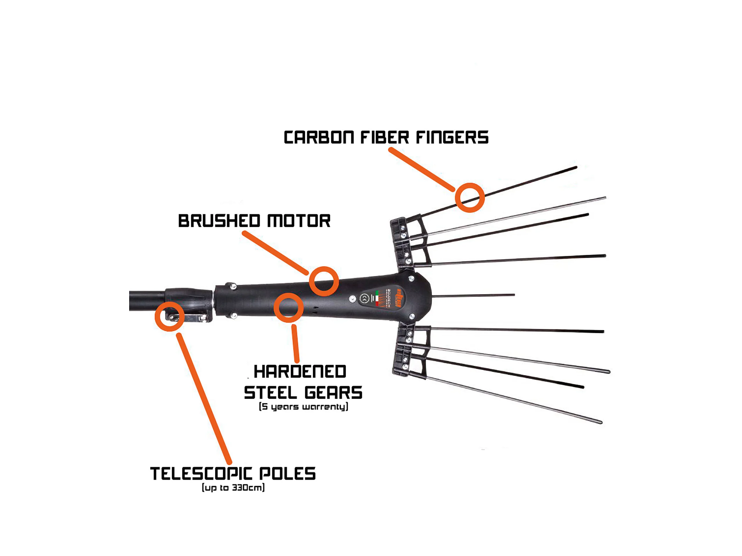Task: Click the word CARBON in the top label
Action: click(x=319, y=138)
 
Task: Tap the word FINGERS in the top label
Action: click(x=452, y=138)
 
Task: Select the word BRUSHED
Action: click(x=219, y=221)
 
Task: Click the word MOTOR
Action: click(x=299, y=221)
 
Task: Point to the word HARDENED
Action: click(x=299, y=372)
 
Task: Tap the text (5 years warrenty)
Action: click(x=303, y=407)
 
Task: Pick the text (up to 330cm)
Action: click(x=233, y=488)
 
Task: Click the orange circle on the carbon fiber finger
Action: click(x=470, y=198)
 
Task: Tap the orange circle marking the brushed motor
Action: click(x=324, y=281)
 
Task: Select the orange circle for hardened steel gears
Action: click(x=288, y=308)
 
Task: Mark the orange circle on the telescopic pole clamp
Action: click(x=169, y=316)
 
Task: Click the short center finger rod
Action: click(x=473, y=296)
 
